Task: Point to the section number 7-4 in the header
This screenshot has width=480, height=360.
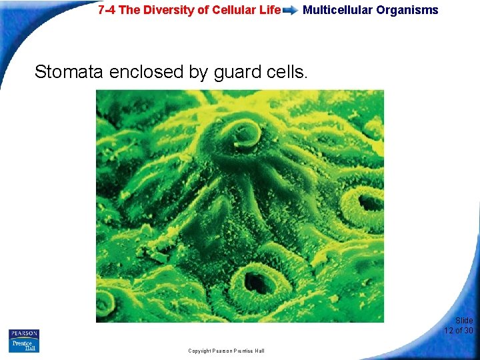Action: click(x=107, y=10)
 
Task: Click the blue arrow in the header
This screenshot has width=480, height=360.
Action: click(x=291, y=10)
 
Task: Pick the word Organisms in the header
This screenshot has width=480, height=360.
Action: click(x=409, y=10)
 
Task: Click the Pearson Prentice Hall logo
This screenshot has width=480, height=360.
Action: click(x=24, y=341)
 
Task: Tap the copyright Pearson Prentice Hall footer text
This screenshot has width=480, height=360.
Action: click(x=226, y=351)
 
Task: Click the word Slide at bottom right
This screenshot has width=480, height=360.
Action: click(x=464, y=321)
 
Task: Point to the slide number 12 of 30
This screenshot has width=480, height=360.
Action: click(x=459, y=330)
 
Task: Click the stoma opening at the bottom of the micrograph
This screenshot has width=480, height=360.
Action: click(x=256, y=283)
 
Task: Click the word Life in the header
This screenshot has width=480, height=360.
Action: click(x=267, y=10)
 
